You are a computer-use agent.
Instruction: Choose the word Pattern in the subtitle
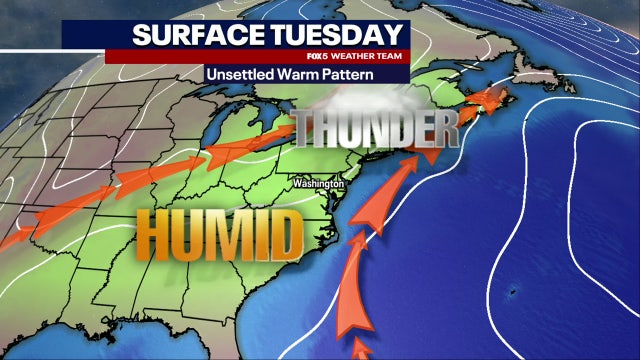point(348,75)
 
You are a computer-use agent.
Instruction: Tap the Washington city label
point(318,185)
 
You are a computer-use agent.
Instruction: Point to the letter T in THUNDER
point(307,129)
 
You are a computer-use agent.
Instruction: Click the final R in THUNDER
point(444,129)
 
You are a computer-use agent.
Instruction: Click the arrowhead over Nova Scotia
point(491,100)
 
